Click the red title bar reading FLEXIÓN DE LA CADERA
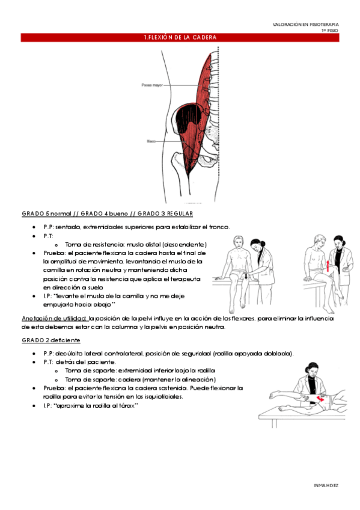point(180,38)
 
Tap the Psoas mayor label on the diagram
point(151,85)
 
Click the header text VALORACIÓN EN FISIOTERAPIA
point(305,24)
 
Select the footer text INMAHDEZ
point(326,484)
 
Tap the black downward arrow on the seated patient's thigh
point(246,276)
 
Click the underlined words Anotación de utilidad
point(54,318)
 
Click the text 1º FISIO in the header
point(329,30)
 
